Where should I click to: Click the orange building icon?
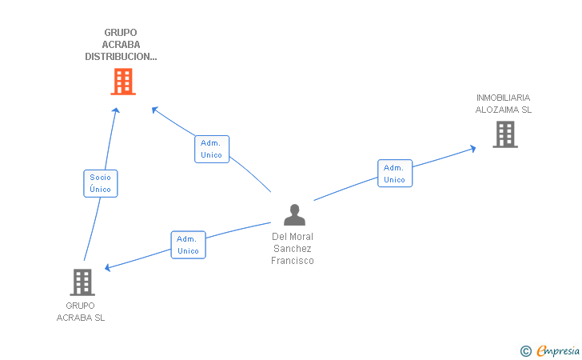[123, 82]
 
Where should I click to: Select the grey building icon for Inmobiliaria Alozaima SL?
[505, 134]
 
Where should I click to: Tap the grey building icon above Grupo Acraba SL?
[82, 282]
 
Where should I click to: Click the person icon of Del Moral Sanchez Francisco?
[294, 214]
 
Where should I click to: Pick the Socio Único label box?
[101, 183]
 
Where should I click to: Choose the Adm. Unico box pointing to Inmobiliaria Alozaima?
[395, 174]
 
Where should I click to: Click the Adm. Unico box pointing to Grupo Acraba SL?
[188, 245]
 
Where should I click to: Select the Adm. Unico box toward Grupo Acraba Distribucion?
[212, 149]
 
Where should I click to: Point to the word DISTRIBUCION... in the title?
[121, 57]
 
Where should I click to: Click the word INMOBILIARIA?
[504, 98]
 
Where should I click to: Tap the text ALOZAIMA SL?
[504, 110]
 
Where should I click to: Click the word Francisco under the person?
[293, 261]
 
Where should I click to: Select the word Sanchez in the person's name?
[293, 249]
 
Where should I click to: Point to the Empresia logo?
[558, 350]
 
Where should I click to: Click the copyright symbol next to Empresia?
[526, 351]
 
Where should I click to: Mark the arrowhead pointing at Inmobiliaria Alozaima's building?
[473, 149]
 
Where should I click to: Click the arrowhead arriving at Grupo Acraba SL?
[107, 267]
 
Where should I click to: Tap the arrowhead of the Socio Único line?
[116, 110]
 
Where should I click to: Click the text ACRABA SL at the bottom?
[81, 318]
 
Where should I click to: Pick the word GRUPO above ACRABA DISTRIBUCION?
[121, 33]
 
